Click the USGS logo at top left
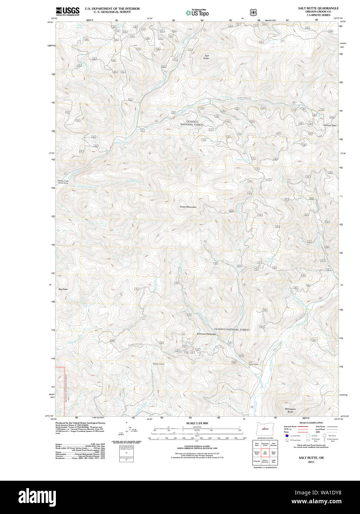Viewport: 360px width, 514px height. click(67, 11)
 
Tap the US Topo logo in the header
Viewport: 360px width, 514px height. click(197, 13)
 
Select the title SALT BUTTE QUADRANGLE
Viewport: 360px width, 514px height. click(318, 8)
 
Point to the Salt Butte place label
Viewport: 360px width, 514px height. click(206, 57)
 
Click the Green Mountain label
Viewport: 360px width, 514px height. click(188, 207)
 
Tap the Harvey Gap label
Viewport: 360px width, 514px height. click(330, 125)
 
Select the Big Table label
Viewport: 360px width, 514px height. click(63, 289)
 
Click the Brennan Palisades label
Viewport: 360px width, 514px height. click(206, 334)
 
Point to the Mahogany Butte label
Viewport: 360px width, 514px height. click(290, 410)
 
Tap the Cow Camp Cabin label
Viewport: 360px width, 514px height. click(253, 363)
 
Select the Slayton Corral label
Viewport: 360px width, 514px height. click(158, 364)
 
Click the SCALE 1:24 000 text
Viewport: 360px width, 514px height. click(197, 423)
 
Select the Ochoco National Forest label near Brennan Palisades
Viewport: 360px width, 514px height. click(232, 329)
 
